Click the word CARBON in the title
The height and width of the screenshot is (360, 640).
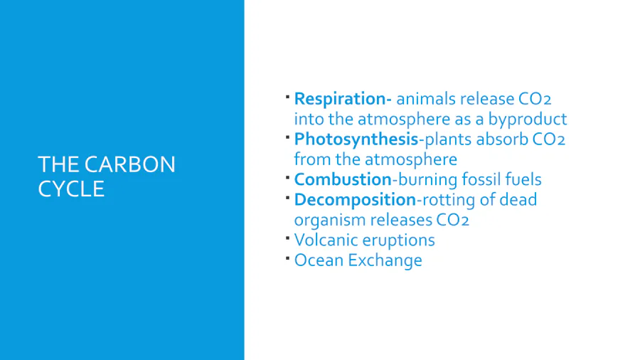pyautogui.click(x=130, y=164)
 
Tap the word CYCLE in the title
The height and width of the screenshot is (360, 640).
pyautogui.click(x=71, y=189)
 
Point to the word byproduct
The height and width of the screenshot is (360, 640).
pyautogui.click(x=528, y=120)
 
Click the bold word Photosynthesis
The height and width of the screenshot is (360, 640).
pyautogui.click(x=356, y=140)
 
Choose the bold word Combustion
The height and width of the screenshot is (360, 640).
pyautogui.click(x=343, y=179)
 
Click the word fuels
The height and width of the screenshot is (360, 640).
pyautogui.click(x=523, y=179)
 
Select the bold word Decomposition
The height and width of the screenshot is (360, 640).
pyautogui.click(x=355, y=201)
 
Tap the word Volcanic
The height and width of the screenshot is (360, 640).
pyautogui.click(x=324, y=240)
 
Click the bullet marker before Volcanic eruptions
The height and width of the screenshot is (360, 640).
pyautogui.click(x=288, y=238)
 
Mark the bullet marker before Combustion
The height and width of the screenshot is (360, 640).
pyautogui.click(x=288, y=177)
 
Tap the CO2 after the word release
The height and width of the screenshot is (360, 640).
pyautogui.click(x=535, y=99)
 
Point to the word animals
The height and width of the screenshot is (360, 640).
pyautogui.click(x=426, y=99)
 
